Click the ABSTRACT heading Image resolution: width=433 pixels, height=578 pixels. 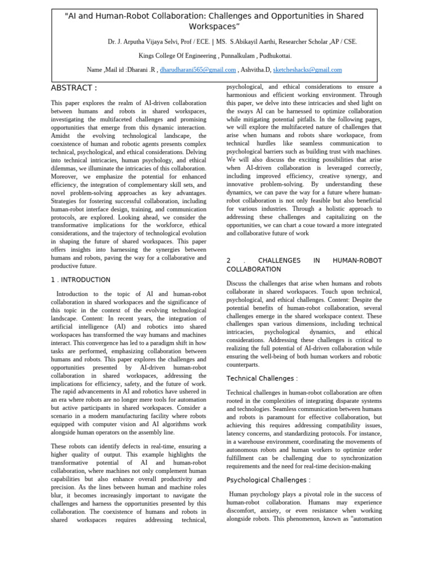74,88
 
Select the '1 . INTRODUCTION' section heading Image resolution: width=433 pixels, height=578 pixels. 81,280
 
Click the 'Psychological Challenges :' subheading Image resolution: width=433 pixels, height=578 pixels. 268,480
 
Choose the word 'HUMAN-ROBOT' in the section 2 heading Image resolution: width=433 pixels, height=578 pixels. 357,260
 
